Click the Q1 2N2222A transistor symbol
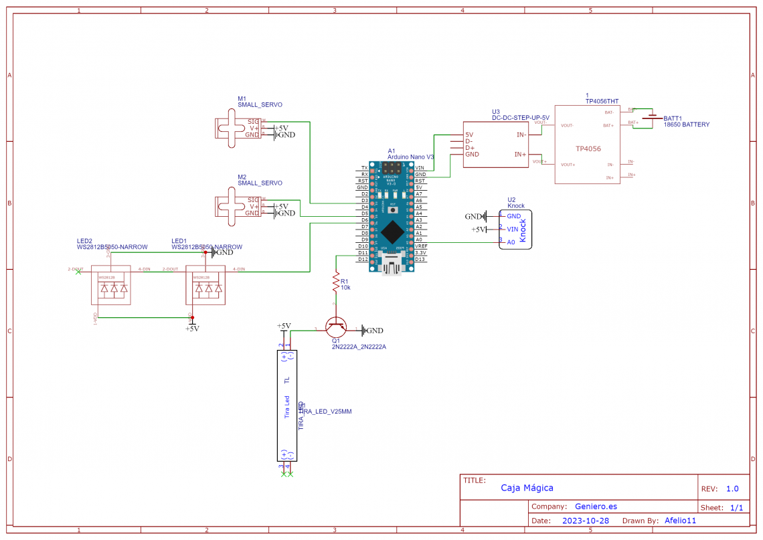click(336, 328)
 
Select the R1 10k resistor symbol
click(335, 284)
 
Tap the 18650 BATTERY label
click(686, 125)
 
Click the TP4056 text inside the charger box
click(588, 149)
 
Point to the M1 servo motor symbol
click(231, 128)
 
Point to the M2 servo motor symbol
click(231, 206)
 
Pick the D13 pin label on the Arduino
click(420, 259)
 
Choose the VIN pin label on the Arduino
click(420, 167)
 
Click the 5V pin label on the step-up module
click(469, 134)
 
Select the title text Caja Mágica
click(527, 488)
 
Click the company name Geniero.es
click(596, 507)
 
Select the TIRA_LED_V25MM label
click(326, 412)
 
